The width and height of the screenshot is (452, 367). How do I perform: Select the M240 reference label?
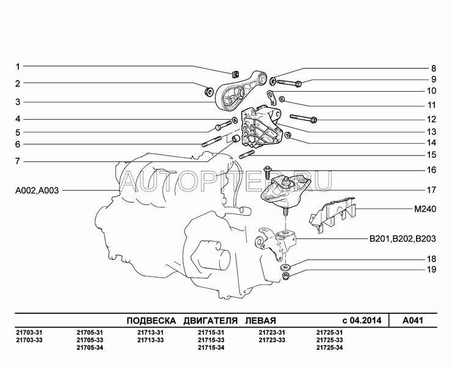(425, 209)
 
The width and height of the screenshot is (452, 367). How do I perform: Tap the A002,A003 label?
(37, 191)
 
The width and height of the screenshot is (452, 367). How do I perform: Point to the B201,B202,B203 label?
(403, 239)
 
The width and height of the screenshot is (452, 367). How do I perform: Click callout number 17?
(431, 190)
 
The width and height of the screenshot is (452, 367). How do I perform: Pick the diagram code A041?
(413, 321)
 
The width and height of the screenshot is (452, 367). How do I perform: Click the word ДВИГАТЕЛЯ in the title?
(211, 321)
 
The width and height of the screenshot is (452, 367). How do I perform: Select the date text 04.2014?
(366, 321)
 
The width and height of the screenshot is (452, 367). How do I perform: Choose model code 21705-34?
(90, 347)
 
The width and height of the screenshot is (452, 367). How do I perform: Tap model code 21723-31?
(272, 333)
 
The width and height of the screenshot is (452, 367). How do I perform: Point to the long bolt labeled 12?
(304, 118)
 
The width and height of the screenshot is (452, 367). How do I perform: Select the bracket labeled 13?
(261, 127)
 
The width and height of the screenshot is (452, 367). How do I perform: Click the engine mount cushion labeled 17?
(285, 192)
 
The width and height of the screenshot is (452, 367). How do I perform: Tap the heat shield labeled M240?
(333, 214)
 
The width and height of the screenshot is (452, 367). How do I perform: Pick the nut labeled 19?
(286, 276)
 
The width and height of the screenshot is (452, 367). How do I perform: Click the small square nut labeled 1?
(235, 75)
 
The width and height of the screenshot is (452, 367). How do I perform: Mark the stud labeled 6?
(211, 141)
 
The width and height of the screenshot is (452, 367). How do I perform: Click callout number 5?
(18, 133)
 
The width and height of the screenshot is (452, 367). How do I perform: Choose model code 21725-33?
(329, 340)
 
